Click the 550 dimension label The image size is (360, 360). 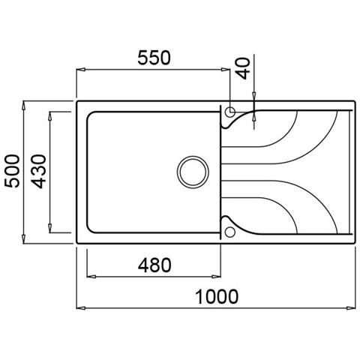click(154, 58)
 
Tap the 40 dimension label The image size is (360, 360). click(242, 68)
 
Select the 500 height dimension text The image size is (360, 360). click(12, 171)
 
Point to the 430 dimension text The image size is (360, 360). click(39, 171)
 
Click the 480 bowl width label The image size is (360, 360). click(154, 265)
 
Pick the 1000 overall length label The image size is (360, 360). click(217, 297)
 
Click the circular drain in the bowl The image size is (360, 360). click(193, 172)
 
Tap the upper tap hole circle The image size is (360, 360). click(230, 112)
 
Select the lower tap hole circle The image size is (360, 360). click(230, 232)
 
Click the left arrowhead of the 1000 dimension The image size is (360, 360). click(81, 308)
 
